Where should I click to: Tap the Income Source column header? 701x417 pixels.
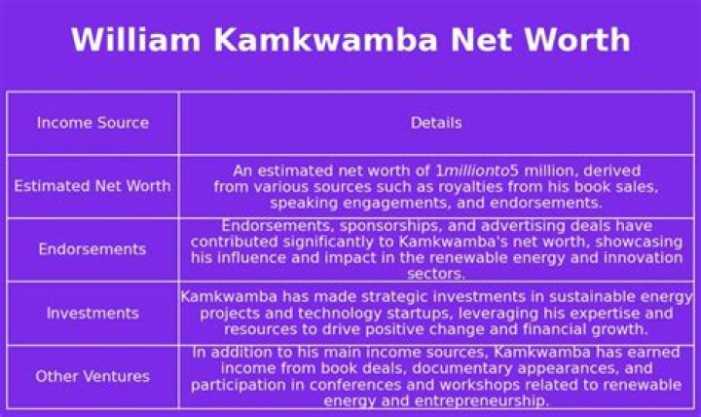(x=92, y=123)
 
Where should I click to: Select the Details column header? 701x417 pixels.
(x=435, y=123)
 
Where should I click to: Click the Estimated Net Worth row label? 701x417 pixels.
(x=92, y=186)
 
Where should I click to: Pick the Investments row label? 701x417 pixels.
(x=92, y=313)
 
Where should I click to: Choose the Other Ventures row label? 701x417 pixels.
(x=92, y=376)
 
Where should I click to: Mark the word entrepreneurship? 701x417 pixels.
(x=478, y=400)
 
